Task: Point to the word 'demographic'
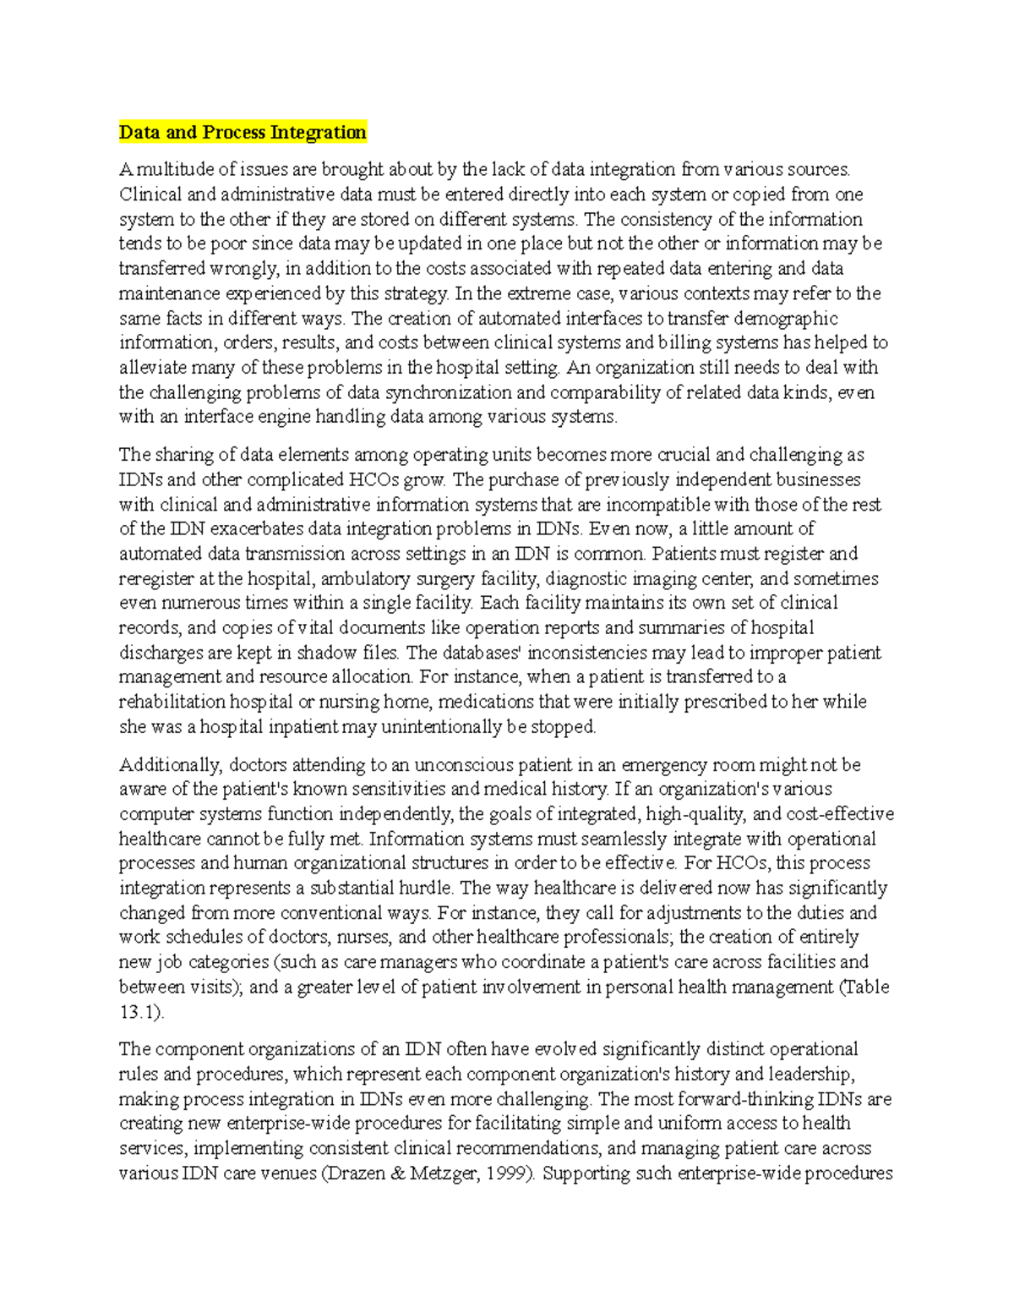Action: (785, 319)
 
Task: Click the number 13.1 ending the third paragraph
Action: (140, 1012)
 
